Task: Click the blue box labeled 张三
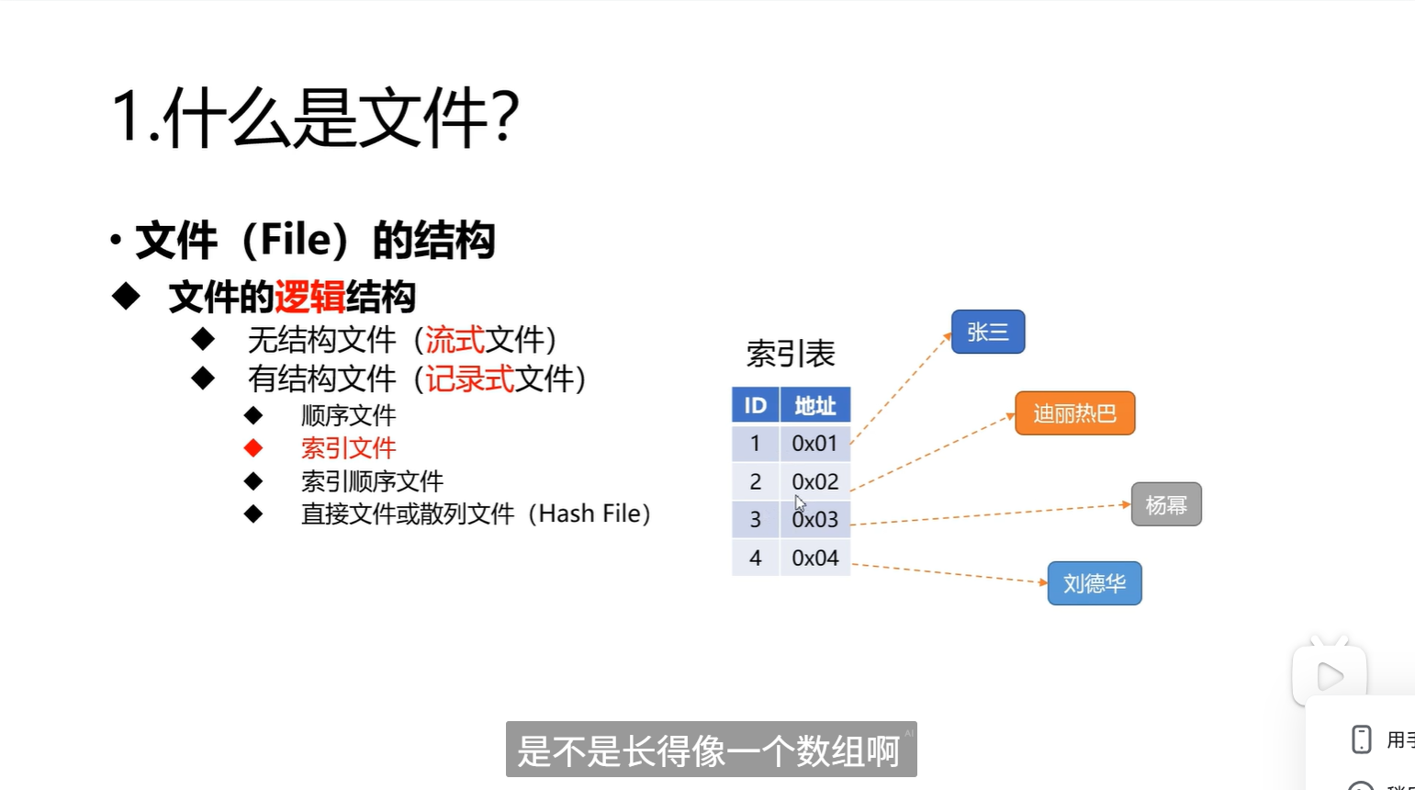pos(988,333)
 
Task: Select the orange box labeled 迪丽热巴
pos(1074,413)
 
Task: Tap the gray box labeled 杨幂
pos(1166,505)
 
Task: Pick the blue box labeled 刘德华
pos(1095,583)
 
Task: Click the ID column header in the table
pos(755,405)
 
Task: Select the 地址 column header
pos(814,405)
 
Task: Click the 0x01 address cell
pos(814,444)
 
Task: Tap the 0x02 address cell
pos(814,481)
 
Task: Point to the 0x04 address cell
pos(814,558)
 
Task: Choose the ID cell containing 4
pos(755,558)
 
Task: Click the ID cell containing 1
pos(755,444)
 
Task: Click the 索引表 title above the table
pos(790,354)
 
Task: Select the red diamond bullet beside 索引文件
pos(253,448)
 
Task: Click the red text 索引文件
pos(348,448)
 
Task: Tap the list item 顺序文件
pos(348,415)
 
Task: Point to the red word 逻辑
pos(309,298)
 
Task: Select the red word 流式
pos(455,341)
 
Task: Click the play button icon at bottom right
pos(1329,677)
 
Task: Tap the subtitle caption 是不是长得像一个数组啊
pos(710,750)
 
